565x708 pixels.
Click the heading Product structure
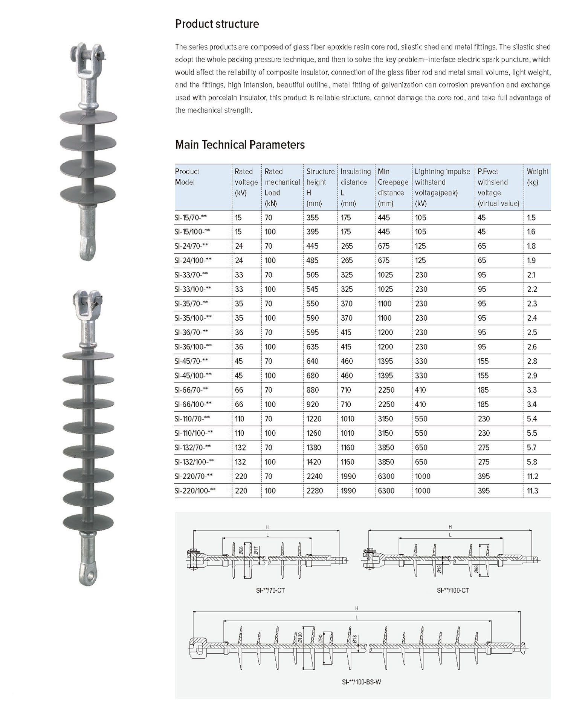[217, 24]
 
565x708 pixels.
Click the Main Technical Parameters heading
[240, 145]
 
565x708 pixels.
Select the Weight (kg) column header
[537, 176]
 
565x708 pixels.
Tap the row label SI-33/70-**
[191, 275]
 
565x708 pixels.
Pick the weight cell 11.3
[533, 491]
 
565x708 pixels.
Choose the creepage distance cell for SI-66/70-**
[386, 390]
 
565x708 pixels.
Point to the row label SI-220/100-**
[195, 491]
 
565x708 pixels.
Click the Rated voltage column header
[246, 182]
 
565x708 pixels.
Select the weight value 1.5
[531, 218]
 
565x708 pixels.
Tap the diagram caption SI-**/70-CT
[270, 590]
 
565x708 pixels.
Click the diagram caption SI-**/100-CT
[453, 590]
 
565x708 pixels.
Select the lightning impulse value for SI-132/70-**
[421, 448]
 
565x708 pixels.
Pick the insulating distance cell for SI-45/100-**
[347, 376]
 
